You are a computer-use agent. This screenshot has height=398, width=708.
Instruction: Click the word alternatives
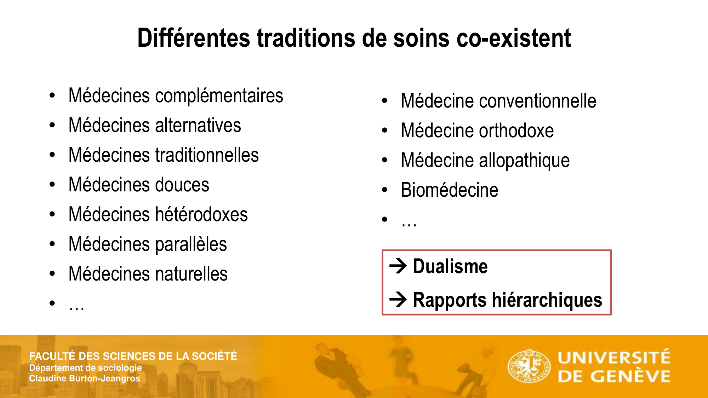coord(198,126)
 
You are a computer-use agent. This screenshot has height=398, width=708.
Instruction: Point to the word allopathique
coord(524,161)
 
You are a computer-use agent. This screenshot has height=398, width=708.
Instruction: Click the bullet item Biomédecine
coord(450,190)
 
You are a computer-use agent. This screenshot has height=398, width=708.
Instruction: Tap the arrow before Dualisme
coord(398,266)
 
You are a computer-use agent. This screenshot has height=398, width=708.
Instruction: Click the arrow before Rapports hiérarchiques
coord(398,300)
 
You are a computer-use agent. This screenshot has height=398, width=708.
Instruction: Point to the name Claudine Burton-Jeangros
coord(85,379)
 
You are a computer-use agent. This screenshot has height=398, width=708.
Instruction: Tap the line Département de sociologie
coord(85,368)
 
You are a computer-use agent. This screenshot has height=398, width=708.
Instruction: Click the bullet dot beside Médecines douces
coord(52,185)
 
